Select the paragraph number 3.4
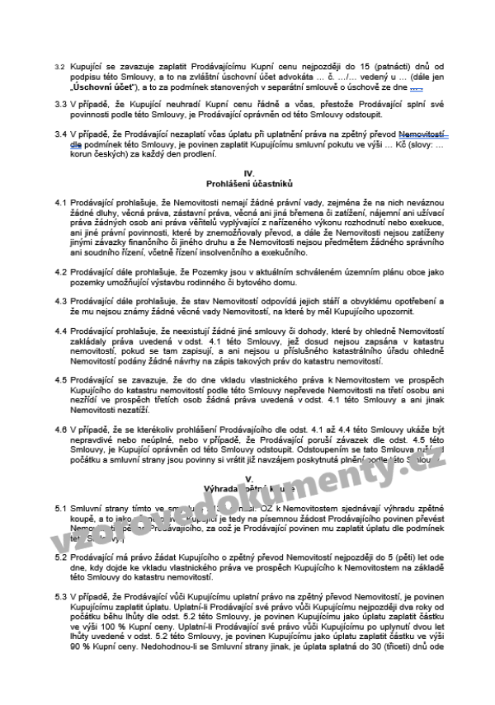coord(59,134)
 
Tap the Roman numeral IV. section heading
coord(250,172)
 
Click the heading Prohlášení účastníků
coord(250,181)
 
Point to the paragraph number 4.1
coord(59,201)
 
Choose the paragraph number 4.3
coord(59,301)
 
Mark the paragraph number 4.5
coord(59,379)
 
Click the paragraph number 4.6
coord(59,429)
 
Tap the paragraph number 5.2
coord(59,557)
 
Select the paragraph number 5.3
coord(59,596)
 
